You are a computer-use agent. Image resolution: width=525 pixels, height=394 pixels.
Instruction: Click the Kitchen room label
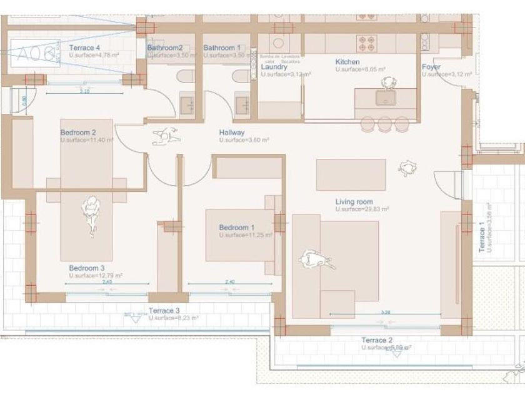pyautogui.click(x=347, y=62)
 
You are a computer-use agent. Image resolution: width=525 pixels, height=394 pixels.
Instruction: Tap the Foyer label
pyautogui.click(x=431, y=67)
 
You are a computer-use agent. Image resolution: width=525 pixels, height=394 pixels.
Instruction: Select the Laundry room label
pyautogui.click(x=274, y=67)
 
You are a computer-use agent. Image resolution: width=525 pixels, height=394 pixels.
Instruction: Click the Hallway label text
pyautogui.click(x=232, y=133)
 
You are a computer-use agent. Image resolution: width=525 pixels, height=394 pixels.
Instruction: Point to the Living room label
pyautogui.click(x=354, y=201)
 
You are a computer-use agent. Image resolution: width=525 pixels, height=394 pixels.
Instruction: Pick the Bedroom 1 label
pyautogui.click(x=236, y=227)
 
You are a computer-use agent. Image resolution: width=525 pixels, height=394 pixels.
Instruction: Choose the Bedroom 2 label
pyautogui.click(x=77, y=133)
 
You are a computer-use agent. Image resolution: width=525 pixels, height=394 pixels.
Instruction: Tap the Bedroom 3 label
pyautogui.click(x=86, y=268)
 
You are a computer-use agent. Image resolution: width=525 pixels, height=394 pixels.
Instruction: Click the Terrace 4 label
pyautogui.click(x=84, y=48)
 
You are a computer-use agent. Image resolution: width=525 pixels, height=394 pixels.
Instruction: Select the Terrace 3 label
pyautogui.click(x=164, y=310)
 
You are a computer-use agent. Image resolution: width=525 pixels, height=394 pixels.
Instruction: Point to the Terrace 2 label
pyautogui.click(x=377, y=340)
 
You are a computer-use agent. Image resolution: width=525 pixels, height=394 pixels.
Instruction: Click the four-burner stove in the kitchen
pyautogui.click(x=366, y=43)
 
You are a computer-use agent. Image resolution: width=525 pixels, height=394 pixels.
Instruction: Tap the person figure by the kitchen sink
pyautogui.click(x=389, y=83)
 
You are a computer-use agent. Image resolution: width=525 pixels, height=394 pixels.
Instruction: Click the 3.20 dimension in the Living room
pyautogui.click(x=386, y=311)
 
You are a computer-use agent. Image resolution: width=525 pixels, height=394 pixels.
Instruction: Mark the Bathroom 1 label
pyautogui.click(x=221, y=48)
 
